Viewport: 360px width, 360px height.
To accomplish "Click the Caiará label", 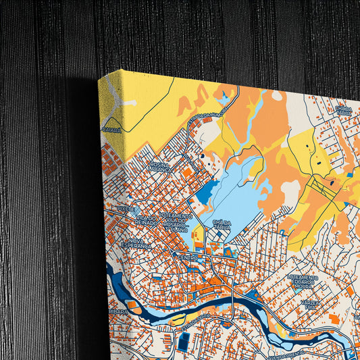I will coord(111,126).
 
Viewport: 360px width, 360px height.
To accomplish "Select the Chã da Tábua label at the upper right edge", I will coord(343,110).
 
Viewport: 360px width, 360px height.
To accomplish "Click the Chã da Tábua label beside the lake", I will coord(221,225).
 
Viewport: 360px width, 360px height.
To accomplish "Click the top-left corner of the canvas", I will coord(99,77).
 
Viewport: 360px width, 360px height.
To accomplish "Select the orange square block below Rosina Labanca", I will coord(187,172).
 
